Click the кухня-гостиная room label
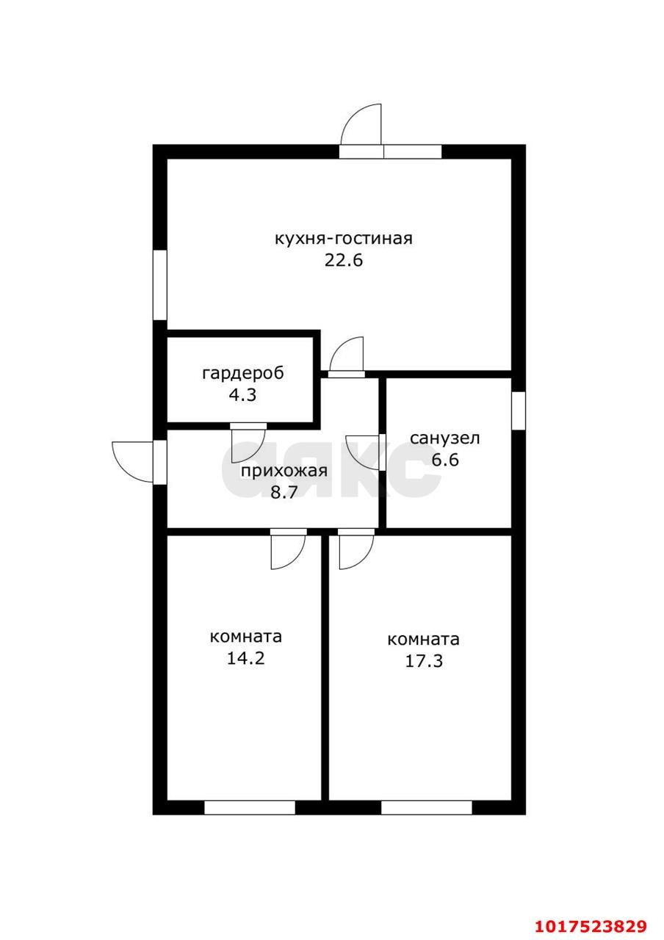(343, 239)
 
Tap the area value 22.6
(343, 260)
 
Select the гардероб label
(243, 373)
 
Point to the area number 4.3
(242, 394)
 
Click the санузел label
(445, 438)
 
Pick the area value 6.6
(445, 460)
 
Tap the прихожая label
(284, 471)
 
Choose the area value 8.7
(284, 492)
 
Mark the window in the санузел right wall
(519, 411)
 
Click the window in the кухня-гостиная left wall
(159, 285)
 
